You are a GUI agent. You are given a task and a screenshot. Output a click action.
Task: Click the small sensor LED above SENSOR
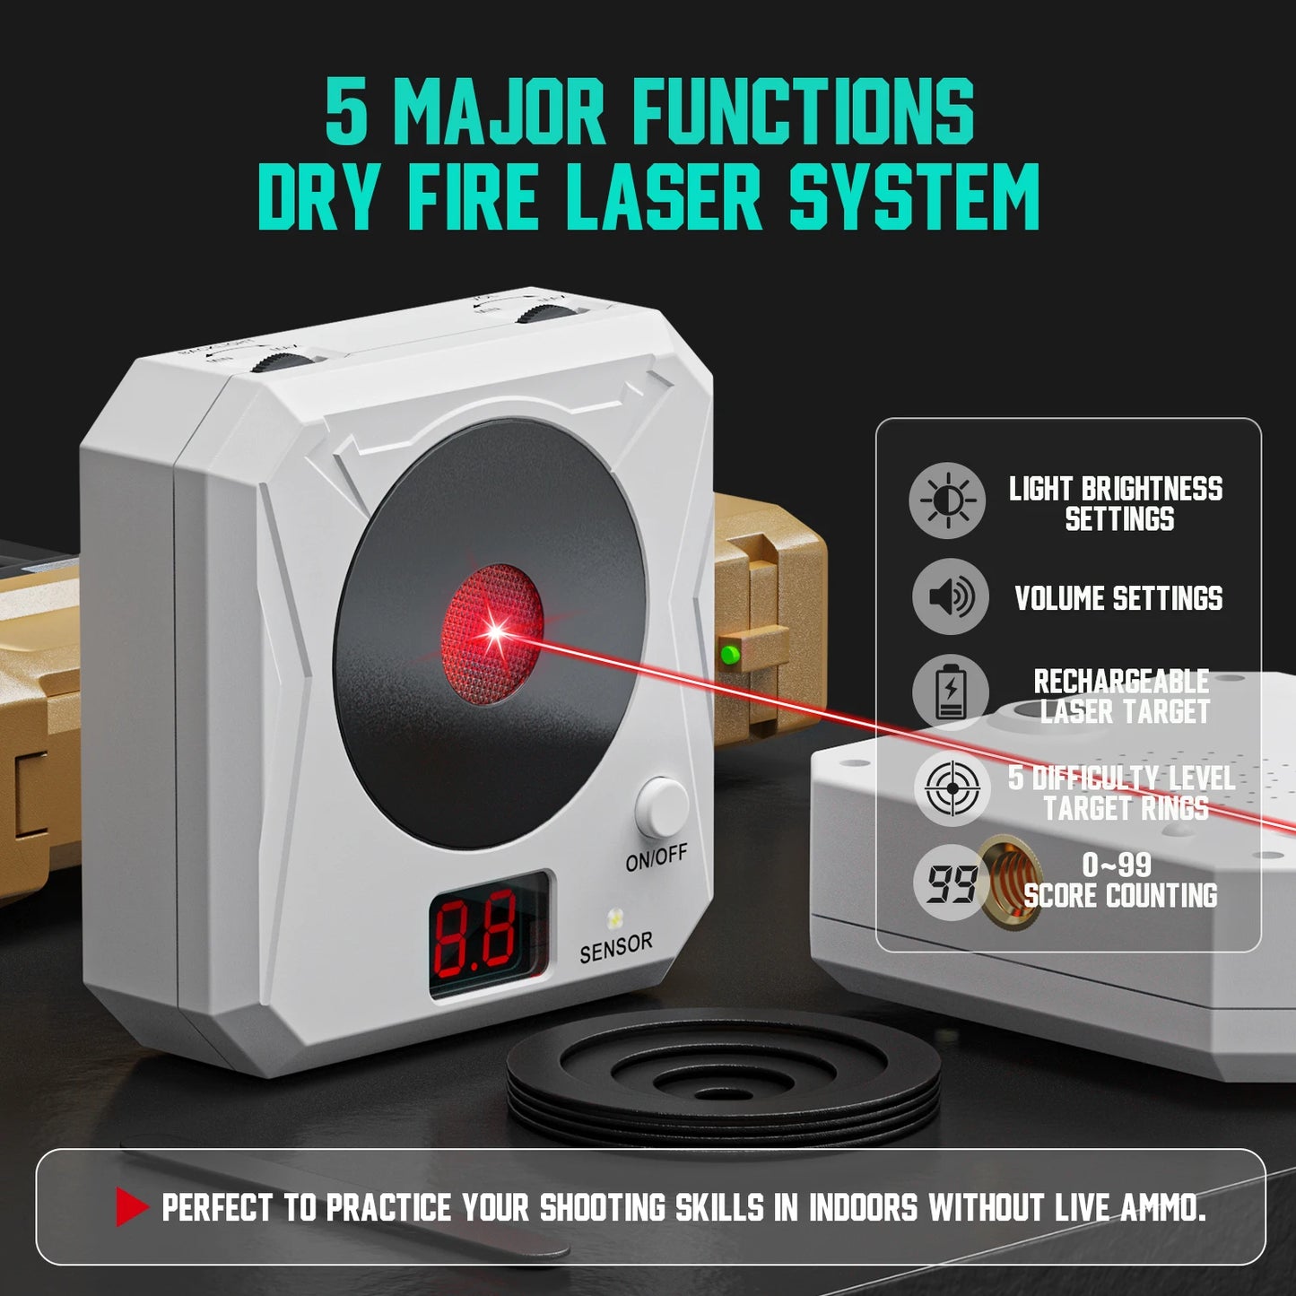point(615,918)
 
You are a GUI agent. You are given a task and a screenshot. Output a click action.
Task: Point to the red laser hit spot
point(494,632)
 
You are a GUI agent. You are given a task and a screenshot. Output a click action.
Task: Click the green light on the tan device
point(730,655)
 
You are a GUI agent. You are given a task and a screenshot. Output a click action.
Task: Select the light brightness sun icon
point(947,500)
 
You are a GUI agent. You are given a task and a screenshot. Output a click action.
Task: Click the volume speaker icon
point(950,596)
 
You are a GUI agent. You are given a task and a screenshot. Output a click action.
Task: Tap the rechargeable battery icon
point(950,692)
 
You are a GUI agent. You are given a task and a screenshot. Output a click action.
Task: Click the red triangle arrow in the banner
point(131,1207)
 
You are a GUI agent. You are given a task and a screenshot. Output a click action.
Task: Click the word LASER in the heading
point(664,197)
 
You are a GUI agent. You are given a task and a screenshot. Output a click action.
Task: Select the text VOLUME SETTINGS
point(1118,598)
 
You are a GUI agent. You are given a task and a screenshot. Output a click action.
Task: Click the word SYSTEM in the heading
point(914,197)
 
